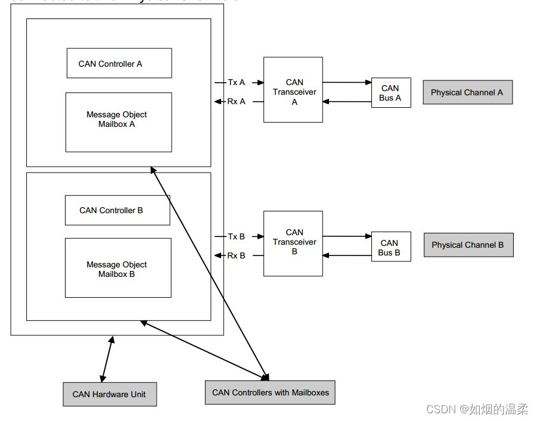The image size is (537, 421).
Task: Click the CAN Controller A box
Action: click(119, 63)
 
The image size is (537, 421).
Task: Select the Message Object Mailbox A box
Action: click(119, 121)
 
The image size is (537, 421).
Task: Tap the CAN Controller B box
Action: click(117, 210)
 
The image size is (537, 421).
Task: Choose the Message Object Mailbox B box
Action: click(118, 268)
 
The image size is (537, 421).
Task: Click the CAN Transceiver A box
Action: click(293, 90)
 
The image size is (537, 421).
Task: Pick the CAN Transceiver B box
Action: click(293, 243)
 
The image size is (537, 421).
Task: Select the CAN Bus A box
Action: click(391, 93)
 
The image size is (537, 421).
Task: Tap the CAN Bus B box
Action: click(390, 248)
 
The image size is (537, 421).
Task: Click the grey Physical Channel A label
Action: click(467, 92)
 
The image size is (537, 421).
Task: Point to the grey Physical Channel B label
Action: click(468, 245)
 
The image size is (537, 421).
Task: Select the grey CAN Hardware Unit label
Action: click(110, 394)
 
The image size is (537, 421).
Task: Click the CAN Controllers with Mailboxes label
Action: click(270, 392)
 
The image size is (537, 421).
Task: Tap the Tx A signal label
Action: click(237, 83)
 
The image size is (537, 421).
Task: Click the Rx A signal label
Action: click(237, 102)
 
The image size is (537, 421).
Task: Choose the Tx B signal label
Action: click(237, 236)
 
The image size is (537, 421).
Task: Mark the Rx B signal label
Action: click(237, 255)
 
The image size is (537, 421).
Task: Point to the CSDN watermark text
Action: click(477, 409)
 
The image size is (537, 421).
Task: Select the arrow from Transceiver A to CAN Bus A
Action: click(347, 83)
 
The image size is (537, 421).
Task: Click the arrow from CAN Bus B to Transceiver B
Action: click(347, 255)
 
